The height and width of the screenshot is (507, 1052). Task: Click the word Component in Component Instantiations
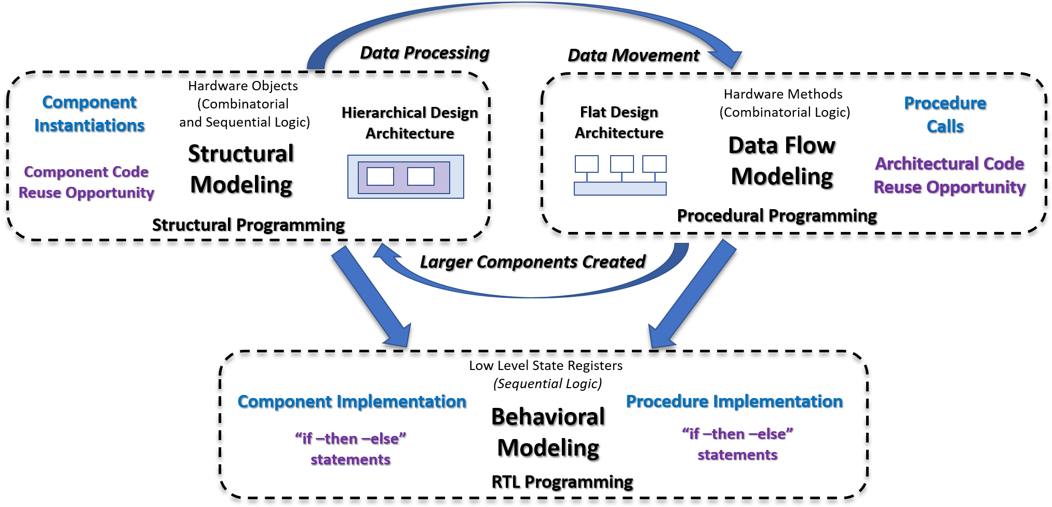(x=89, y=102)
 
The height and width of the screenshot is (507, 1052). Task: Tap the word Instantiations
(x=89, y=126)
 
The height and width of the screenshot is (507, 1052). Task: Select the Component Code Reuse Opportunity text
(x=86, y=182)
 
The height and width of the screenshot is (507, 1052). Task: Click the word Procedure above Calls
(x=945, y=103)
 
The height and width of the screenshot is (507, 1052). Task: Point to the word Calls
(x=945, y=127)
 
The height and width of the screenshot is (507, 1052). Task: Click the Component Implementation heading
(x=352, y=402)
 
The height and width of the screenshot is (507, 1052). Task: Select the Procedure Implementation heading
(x=734, y=402)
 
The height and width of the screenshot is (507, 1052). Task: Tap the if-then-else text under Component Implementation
(x=350, y=439)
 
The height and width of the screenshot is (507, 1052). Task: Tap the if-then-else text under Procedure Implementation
(x=737, y=434)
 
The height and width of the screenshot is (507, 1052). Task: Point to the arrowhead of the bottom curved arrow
(x=385, y=253)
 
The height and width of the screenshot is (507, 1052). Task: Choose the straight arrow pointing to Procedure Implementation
(x=693, y=294)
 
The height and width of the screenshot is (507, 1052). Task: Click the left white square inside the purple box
(x=380, y=176)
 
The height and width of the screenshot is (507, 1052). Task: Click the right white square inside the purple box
(x=421, y=176)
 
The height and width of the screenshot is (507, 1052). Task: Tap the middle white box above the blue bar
(x=622, y=164)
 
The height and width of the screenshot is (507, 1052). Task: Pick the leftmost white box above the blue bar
(x=586, y=164)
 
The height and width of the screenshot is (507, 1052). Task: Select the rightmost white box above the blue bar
(x=654, y=164)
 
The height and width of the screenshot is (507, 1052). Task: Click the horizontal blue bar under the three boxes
(x=620, y=188)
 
